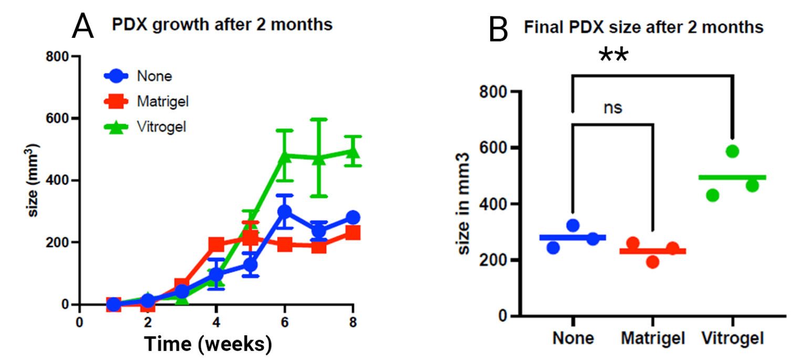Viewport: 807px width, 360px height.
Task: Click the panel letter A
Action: click(82, 26)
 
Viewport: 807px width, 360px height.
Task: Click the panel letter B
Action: click(498, 30)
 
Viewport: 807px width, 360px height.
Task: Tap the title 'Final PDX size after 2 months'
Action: click(644, 28)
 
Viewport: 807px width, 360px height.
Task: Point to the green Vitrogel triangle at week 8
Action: click(353, 153)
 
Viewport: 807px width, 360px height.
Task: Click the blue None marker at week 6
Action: click(284, 212)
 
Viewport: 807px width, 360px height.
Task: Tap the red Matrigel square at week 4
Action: click(216, 244)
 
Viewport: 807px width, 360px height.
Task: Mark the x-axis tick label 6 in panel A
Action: click(284, 321)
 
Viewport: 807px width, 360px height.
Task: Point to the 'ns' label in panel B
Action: click(613, 108)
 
